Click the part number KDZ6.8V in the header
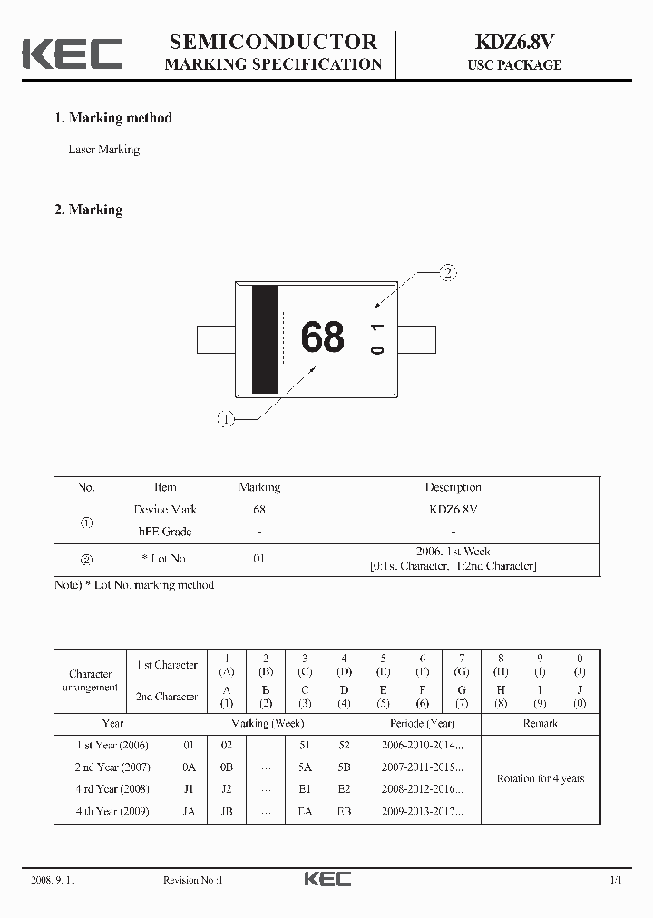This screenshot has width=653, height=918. pos(514,42)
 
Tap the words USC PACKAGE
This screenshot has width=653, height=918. pos(514,65)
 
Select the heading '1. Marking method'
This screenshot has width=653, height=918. pos(113,118)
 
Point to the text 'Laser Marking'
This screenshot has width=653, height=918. pos(104,150)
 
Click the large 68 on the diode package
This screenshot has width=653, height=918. pos(323,337)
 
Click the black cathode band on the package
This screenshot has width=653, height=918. pos(265,339)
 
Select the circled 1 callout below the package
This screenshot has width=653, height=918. pos(225,418)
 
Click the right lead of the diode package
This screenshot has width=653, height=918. pos(418,338)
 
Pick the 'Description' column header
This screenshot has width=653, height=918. pos(453,487)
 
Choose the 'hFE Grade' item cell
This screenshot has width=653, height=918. pos(164,532)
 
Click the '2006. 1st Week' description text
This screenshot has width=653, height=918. pos(453,552)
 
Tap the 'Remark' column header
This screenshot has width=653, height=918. pos(541,724)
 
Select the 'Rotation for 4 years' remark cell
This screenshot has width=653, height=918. pos(541,778)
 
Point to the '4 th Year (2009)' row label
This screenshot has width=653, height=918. pos(112,811)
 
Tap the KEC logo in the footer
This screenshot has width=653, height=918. pos(326,879)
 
